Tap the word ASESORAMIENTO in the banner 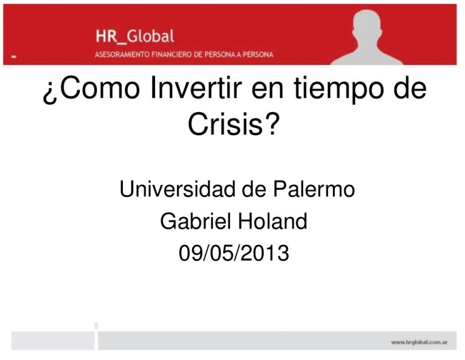coord(124,55)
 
